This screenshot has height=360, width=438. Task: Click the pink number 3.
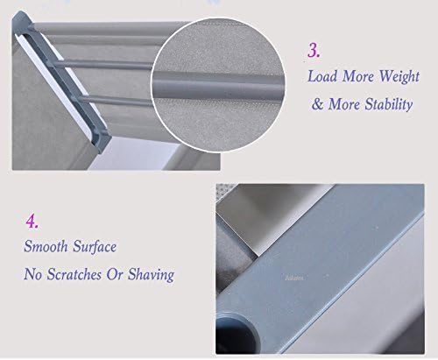tap(314, 50)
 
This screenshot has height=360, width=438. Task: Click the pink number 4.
tap(32, 221)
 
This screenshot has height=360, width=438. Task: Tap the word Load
tap(322, 76)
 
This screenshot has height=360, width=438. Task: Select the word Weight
tap(399, 77)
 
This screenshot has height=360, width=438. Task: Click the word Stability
tap(389, 104)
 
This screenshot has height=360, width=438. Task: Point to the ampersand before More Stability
tap(317, 104)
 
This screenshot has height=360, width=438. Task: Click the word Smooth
tap(46, 246)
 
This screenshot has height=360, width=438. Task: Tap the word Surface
tap(95, 246)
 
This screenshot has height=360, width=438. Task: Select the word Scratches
tap(74, 274)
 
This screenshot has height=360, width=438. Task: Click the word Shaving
tap(151, 275)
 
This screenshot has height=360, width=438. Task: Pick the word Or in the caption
tap(114, 274)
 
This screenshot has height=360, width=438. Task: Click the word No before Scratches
tap(33, 274)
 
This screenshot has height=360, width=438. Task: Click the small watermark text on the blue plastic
tap(294, 279)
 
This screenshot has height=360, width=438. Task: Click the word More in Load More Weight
tap(357, 76)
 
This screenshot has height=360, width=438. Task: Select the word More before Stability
tap(344, 104)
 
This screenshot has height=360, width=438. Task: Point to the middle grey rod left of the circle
tap(103, 65)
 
